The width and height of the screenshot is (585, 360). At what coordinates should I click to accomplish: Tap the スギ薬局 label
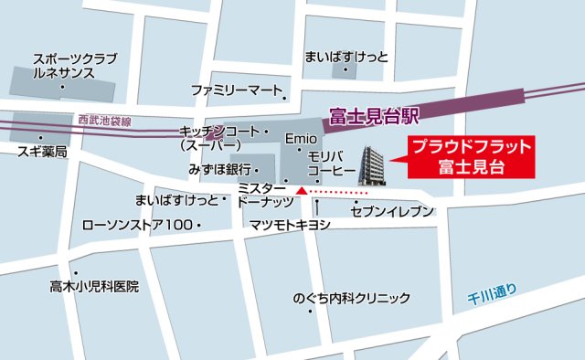(x=42, y=153)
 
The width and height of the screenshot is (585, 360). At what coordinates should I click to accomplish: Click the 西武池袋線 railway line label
(x=104, y=121)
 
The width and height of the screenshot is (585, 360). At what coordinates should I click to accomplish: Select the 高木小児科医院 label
(x=94, y=286)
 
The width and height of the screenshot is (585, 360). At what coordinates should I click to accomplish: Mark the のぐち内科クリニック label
(x=351, y=298)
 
